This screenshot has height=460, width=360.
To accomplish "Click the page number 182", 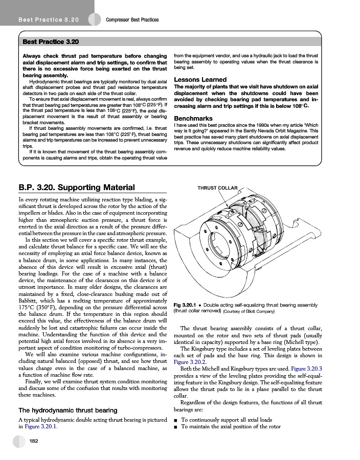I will tap(34, 441).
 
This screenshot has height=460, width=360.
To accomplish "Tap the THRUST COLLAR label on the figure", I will tap(217, 188).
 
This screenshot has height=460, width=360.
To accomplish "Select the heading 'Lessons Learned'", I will tap(200, 79).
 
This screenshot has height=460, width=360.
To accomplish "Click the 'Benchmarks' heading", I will tap(193, 118).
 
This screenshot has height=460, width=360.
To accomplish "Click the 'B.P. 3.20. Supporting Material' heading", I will tap(76, 187).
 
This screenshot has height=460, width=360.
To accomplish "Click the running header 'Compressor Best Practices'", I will tap(132, 19).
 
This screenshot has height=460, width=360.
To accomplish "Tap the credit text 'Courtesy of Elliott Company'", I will tap(250, 311).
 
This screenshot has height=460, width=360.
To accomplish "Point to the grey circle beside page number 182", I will tap(19, 441).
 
